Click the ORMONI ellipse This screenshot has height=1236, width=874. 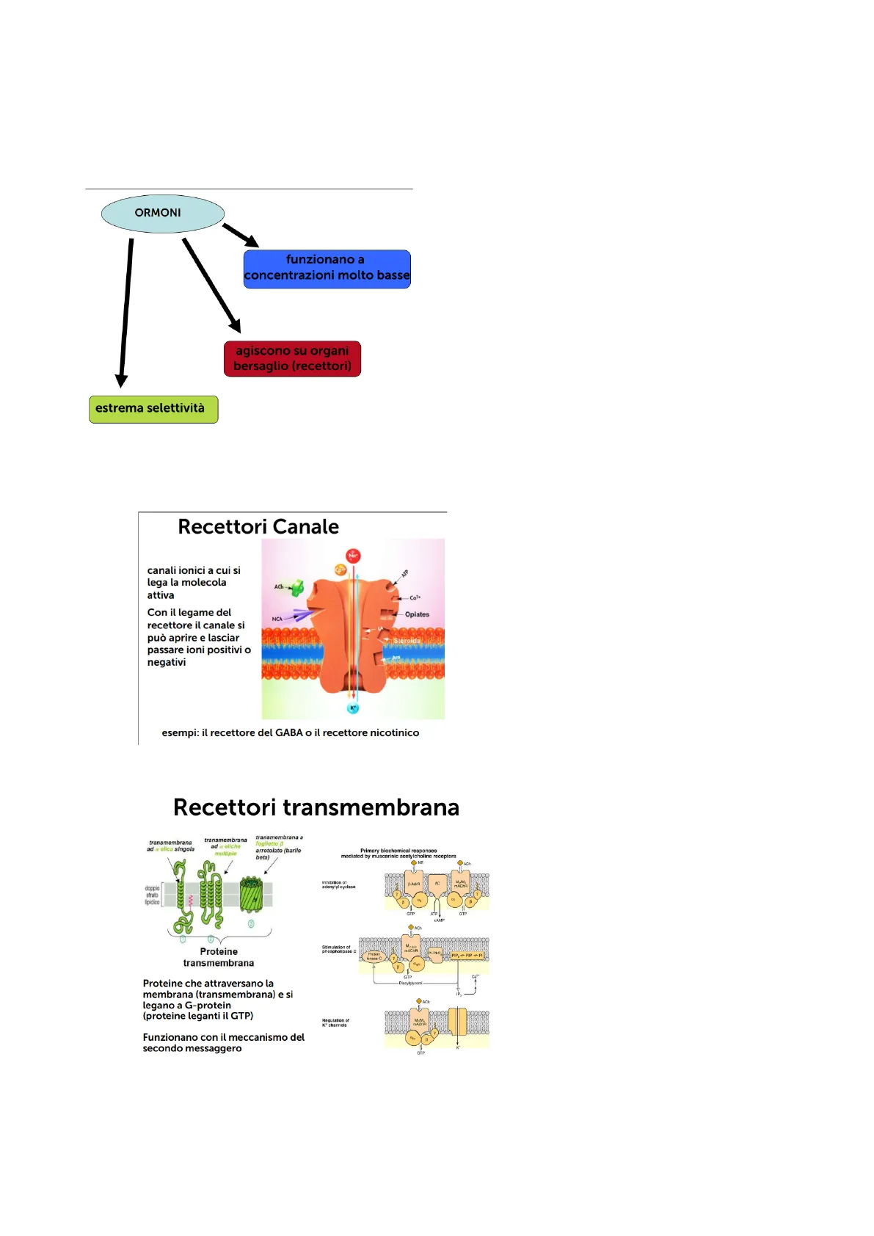162,214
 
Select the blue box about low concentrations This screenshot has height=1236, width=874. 327,269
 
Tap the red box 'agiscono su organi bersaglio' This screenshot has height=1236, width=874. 292,359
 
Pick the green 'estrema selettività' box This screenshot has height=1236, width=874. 153,409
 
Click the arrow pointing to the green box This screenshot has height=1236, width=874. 125,312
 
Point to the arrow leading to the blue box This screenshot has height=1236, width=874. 240,235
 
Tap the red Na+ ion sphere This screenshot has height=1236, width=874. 353,556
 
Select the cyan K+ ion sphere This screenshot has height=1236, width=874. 353,708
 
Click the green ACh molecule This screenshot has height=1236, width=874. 297,588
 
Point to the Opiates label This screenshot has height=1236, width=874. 417,614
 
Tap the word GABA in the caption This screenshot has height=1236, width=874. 288,733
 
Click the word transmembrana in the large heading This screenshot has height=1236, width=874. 371,808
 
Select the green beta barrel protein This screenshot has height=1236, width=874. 251,895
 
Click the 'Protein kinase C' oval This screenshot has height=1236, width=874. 374,956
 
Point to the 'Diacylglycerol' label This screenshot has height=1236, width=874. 410,983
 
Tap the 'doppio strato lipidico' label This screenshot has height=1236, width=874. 152,895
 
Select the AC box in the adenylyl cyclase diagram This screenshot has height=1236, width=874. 437,884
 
